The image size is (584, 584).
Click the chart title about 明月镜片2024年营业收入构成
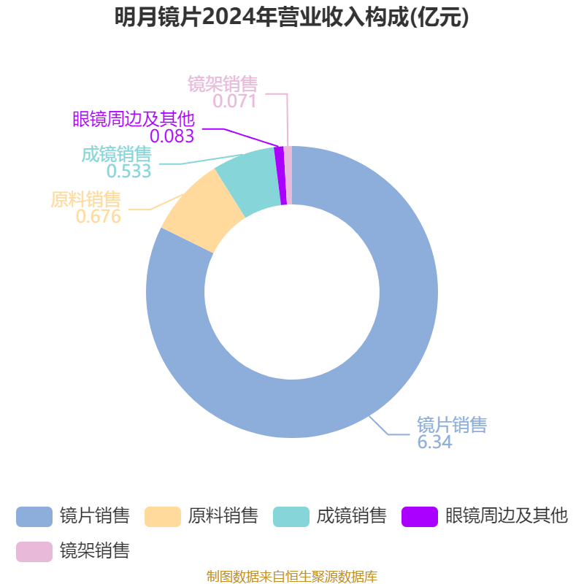click(291, 18)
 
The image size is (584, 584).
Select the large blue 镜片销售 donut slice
click(408, 298)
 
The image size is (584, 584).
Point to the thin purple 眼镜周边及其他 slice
click(281, 175)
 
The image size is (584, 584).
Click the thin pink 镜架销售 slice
click(288, 175)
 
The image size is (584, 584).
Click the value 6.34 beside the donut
click(434, 442)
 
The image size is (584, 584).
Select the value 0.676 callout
click(99, 216)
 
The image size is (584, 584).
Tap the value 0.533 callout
click(129, 171)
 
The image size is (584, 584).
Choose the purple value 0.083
click(172, 136)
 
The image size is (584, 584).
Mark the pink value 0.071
click(234, 101)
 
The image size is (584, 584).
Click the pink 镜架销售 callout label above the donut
click(223, 84)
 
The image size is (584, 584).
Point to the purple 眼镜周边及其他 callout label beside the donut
click(134, 119)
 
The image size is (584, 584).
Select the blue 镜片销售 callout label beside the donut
click(452, 425)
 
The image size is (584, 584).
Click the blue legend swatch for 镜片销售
click(34, 517)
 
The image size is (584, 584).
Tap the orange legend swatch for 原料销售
click(163, 517)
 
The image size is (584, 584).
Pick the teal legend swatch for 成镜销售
click(291, 517)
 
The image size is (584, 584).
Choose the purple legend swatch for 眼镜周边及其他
click(420, 517)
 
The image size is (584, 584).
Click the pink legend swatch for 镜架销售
click(34, 552)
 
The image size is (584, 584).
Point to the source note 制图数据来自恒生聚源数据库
click(292, 576)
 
